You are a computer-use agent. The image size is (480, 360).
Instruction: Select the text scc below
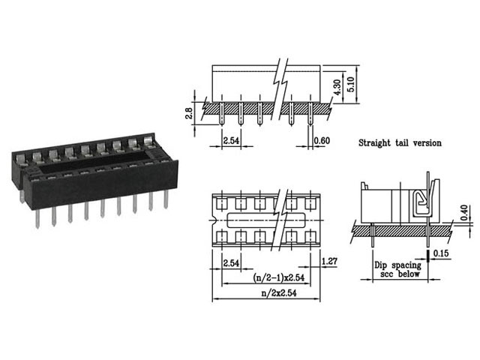tap(394, 274)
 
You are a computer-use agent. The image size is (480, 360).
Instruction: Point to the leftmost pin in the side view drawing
tap(223, 116)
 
